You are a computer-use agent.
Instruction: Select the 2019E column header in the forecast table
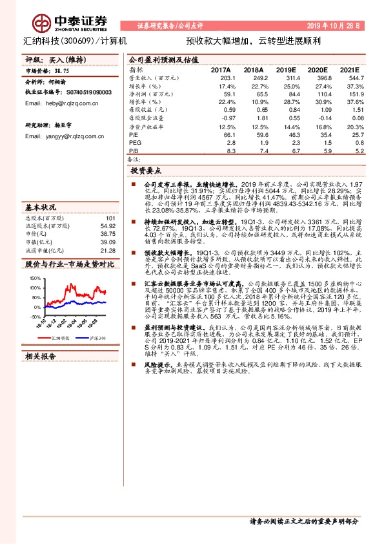(x=285, y=70)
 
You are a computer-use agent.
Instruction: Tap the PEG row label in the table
(x=134, y=141)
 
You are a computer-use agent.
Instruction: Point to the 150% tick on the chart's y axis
(x=35, y=278)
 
